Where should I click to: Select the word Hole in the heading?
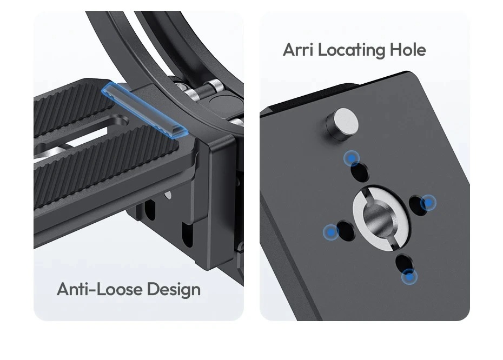point(408,50)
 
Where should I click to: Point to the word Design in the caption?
point(174,290)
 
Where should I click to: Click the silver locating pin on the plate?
point(342,125)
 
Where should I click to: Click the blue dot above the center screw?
point(352,158)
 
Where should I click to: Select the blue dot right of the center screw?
point(428,203)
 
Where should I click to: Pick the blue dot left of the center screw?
point(330,232)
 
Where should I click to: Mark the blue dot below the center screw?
point(409,276)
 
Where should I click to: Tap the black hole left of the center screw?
point(346,230)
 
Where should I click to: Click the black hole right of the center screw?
point(419,205)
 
